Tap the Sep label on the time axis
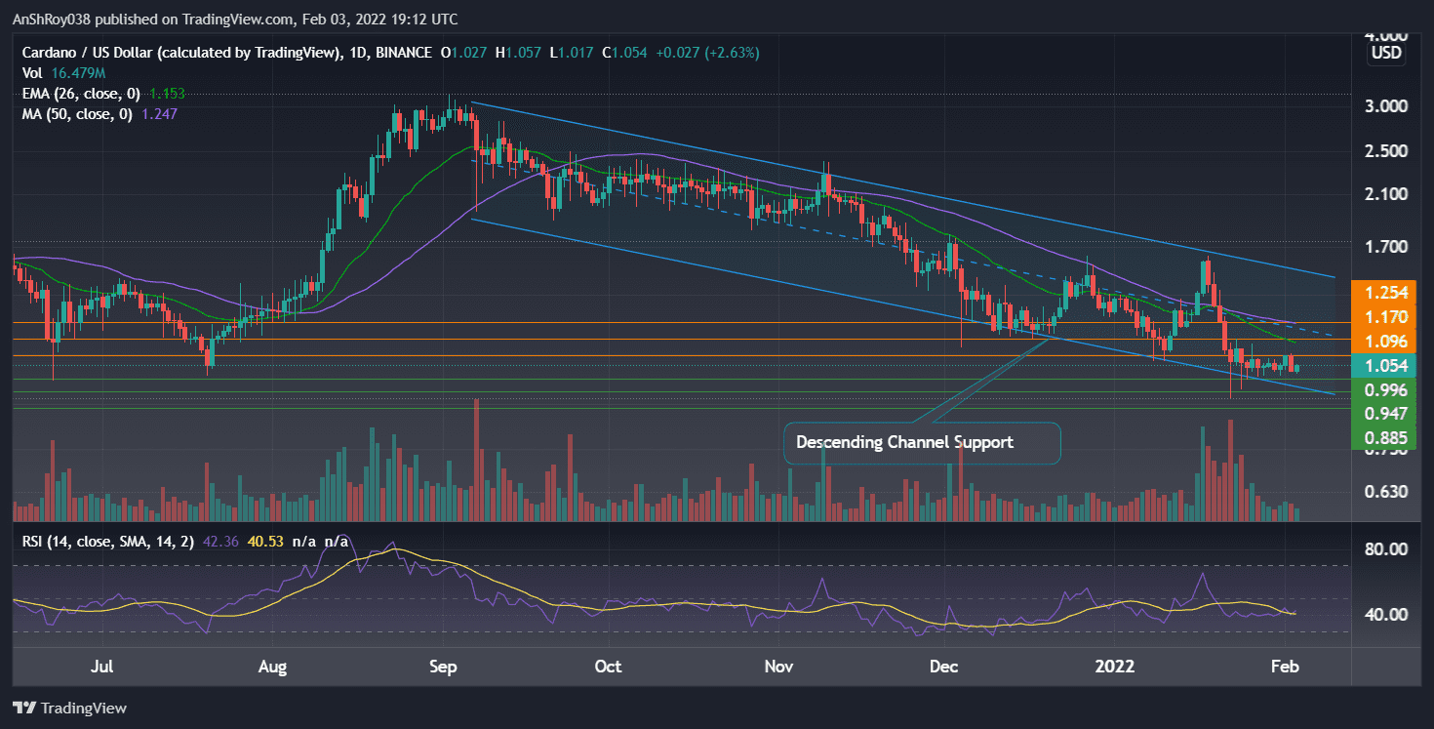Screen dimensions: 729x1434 pos(444,668)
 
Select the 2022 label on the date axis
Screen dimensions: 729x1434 pos(1115,668)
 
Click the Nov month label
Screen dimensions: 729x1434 pos(778,668)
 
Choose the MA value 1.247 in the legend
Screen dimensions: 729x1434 pos(159,113)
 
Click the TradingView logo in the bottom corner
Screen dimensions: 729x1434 pos(70,708)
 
